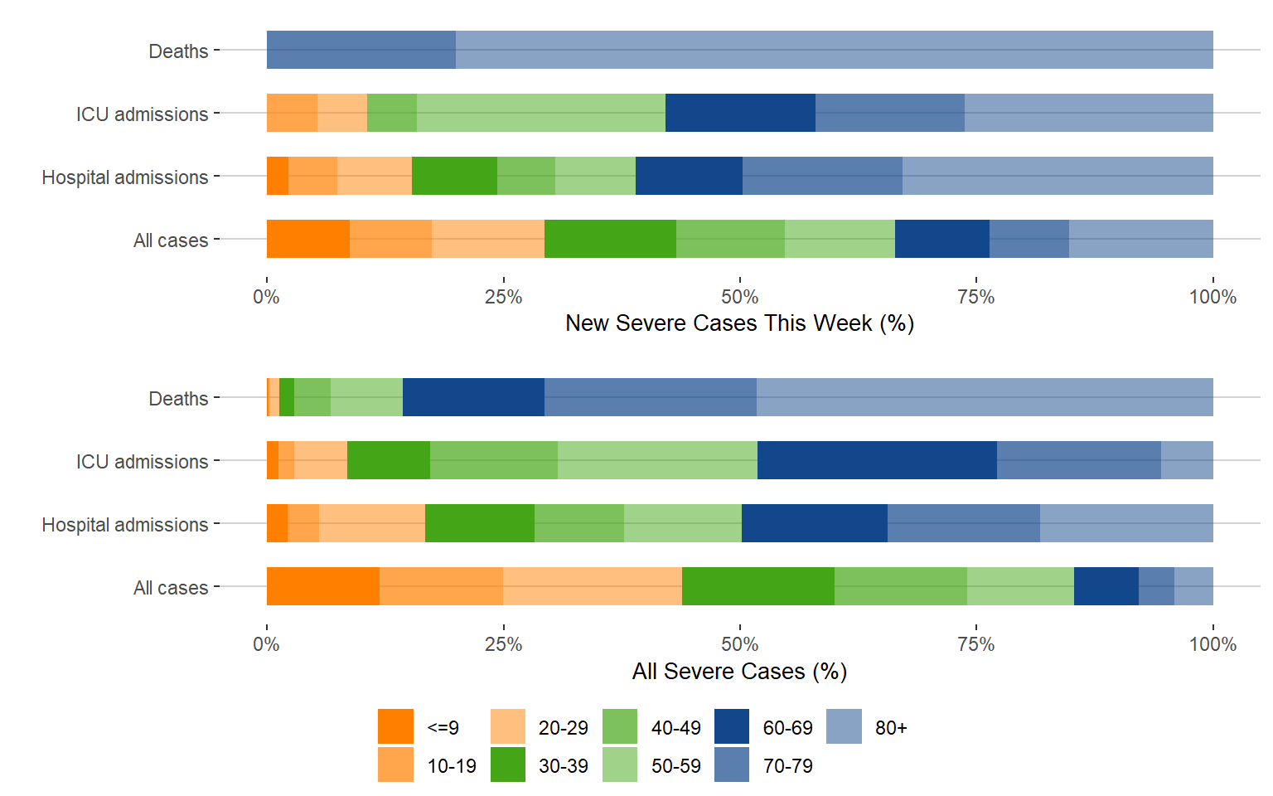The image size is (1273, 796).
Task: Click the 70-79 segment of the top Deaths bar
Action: click(x=361, y=50)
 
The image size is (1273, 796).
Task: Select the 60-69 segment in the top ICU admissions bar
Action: click(x=740, y=113)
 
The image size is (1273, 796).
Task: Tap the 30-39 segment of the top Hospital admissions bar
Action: click(x=454, y=176)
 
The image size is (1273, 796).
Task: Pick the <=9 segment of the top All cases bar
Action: click(x=307, y=239)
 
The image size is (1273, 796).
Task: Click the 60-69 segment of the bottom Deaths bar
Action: click(x=473, y=397)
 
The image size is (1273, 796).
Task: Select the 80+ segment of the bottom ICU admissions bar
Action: click(x=1187, y=460)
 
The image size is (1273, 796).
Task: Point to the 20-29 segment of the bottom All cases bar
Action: click(x=592, y=586)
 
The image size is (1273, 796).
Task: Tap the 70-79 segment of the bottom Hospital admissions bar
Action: click(x=963, y=523)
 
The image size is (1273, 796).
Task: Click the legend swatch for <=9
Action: click(x=395, y=726)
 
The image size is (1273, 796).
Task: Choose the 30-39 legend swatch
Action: click(x=508, y=764)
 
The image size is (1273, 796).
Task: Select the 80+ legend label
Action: click(x=891, y=728)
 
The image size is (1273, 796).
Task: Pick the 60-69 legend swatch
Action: click(x=732, y=726)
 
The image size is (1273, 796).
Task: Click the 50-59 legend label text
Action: click(x=675, y=766)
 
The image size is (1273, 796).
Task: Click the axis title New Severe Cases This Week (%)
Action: click(x=739, y=323)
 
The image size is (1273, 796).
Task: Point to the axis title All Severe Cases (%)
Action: click(x=739, y=672)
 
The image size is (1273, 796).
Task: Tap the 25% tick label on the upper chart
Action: click(x=503, y=297)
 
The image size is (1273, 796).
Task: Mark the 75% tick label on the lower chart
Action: click(x=976, y=644)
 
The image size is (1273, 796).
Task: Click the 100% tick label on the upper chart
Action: click(x=1212, y=297)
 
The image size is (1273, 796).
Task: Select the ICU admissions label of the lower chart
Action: click(x=142, y=462)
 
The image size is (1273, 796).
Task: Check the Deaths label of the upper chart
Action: click(x=178, y=51)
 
